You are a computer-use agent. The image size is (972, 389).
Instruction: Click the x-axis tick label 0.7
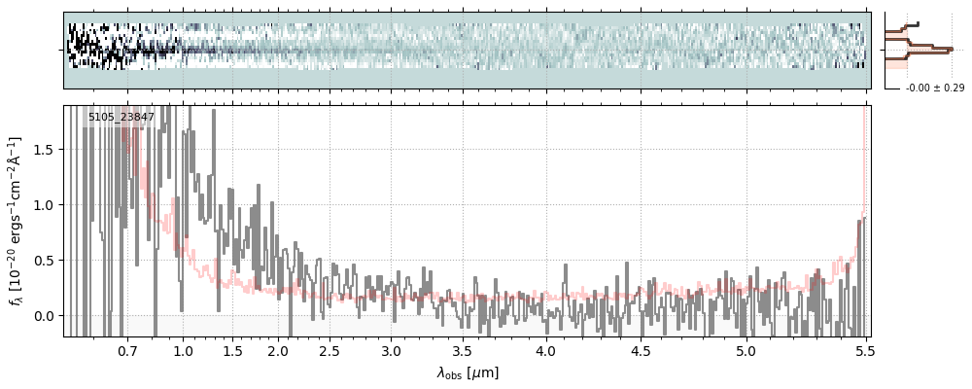tap(127, 350)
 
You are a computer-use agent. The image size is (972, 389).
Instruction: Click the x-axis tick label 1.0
tap(183, 350)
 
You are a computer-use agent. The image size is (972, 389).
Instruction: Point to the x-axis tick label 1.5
tap(232, 350)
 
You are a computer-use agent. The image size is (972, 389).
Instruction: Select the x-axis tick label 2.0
tap(278, 350)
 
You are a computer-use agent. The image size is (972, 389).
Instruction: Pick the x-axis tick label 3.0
tap(391, 350)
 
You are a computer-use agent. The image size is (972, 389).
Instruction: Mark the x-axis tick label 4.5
tap(641, 350)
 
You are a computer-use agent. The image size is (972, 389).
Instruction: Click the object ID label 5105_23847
tap(121, 118)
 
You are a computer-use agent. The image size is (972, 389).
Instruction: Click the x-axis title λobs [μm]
tap(467, 372)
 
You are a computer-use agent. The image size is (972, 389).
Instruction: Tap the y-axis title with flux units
tap(17, 221)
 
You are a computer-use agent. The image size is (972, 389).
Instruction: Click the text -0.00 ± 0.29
tap(934, 88)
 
